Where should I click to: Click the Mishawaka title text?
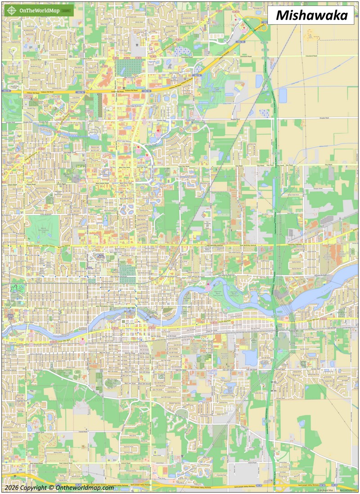tap(311, 15)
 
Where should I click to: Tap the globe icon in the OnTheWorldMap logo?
tap(11, 10)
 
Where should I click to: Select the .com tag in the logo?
tap(66, 10)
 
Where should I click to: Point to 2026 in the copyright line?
tap(13, 488)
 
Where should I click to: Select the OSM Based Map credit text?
tap(325, 490)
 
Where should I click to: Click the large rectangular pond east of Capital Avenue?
tap(283, 95)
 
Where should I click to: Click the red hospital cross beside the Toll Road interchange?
tap(244, 29)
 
